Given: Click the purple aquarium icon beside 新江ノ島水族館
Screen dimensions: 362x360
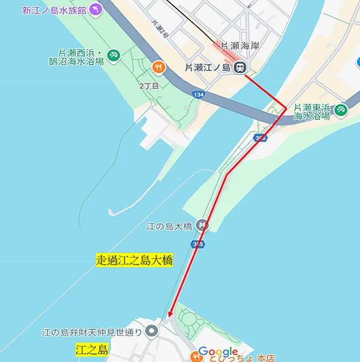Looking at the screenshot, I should point(95,10).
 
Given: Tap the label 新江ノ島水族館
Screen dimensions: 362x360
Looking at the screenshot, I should point(54,10).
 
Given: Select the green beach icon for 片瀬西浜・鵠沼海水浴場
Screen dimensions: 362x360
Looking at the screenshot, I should point(114,56).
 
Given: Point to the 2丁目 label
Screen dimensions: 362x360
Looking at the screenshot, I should point(149,86).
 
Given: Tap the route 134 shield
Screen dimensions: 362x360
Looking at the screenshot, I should point(198,95).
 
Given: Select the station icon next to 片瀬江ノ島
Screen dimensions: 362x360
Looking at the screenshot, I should point(240,67).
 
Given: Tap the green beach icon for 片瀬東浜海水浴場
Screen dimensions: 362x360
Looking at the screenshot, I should point(341,109).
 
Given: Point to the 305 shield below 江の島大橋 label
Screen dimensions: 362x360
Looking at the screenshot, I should point(198,244).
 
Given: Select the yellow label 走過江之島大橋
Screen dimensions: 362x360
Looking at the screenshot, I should point(134,260).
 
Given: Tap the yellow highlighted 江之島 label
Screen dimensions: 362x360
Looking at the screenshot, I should point(92,350).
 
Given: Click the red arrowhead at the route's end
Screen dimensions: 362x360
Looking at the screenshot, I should point(170,313).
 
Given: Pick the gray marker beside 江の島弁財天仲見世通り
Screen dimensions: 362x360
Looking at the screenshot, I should point(151,331).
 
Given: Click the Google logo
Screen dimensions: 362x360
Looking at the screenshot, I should point(218,352).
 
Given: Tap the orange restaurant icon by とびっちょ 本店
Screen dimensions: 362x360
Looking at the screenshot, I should point(196,357).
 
